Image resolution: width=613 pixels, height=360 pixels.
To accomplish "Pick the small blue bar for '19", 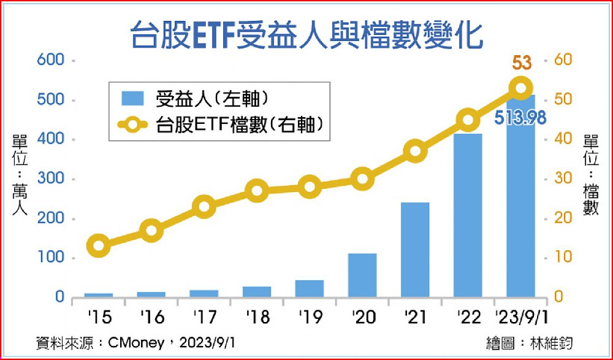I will (x=309, y=288).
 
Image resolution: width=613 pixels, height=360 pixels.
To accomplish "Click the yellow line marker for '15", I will (x=99, y=247).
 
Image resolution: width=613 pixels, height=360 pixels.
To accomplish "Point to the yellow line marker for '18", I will (x=257, y=191).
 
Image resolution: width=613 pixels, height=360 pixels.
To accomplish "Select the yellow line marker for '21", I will (x=415, y=151).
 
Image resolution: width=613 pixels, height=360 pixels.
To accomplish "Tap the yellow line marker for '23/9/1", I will (x=520, y=88).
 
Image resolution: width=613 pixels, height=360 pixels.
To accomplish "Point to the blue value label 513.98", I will (x=520, y=117).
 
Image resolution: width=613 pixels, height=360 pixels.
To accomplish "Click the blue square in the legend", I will (x=130, y=99).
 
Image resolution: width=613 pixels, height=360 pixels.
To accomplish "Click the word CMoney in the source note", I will (x=135, y=342).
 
